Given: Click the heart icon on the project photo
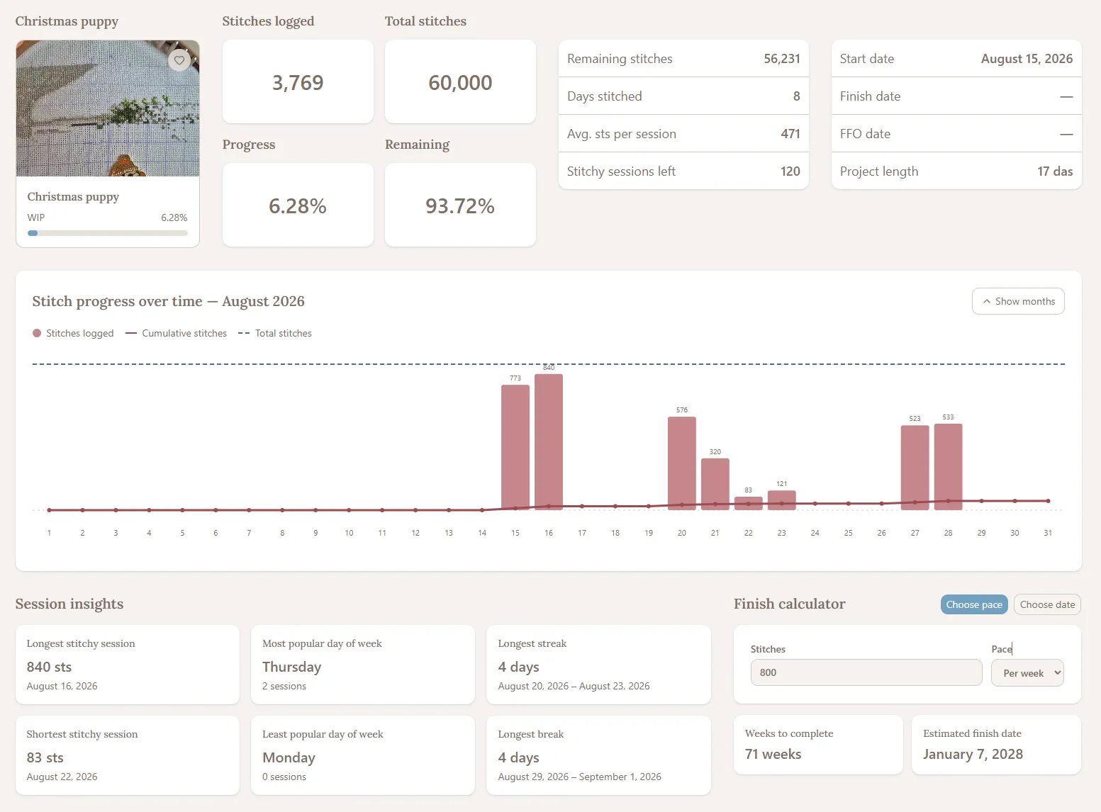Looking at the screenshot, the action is click(179, 60).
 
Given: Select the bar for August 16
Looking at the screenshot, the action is click(549, 441).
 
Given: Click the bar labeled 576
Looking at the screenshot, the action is click(681, 463).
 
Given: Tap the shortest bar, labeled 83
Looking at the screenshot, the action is click(748, 503).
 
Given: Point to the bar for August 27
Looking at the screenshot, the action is click(915, 468).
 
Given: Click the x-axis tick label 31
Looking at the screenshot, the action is click(1048, 533).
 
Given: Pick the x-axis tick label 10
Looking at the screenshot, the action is click(349, 533).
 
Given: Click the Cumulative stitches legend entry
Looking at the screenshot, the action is click(177, 333).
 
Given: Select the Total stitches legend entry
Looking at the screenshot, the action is click(275, 333).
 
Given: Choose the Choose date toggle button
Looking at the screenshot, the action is click(1047, 604).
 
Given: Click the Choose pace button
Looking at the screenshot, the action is click(974, 604).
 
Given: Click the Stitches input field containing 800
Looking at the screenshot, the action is click(866, 672).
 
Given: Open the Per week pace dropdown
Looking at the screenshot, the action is click(1027, 673).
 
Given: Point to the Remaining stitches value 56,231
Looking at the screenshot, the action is click(782, 59).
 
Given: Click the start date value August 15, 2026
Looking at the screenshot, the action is click(1027, 59).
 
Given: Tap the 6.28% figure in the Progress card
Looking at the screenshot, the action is click(298, 205).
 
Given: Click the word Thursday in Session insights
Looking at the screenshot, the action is click(292, 667).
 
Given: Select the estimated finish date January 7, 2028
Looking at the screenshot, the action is click(973, 754).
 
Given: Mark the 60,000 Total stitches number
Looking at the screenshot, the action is click(460, 82).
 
